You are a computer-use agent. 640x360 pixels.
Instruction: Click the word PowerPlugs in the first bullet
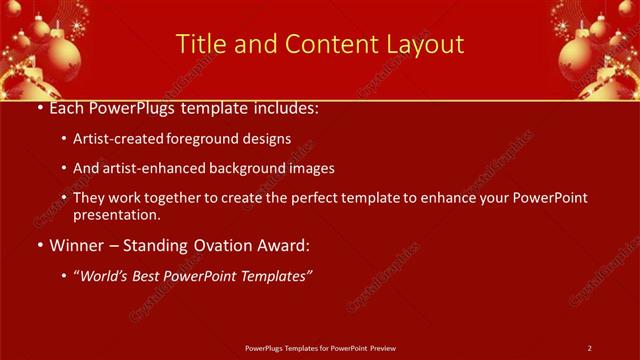click(136, 107)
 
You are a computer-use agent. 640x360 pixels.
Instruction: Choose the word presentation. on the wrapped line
click(116, 215)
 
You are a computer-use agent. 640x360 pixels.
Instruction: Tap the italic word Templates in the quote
click(273, 275)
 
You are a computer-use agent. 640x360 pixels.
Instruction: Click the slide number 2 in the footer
click(590, 348)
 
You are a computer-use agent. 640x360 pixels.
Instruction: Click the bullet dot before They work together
click(65, 199)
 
